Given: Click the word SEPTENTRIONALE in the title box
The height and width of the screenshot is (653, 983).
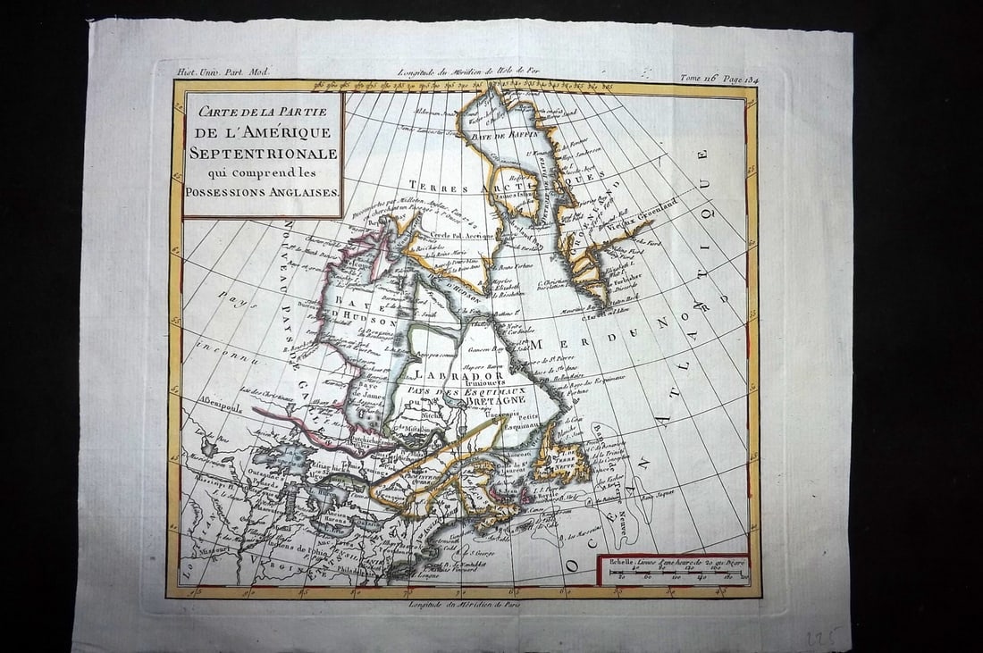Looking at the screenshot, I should [x=263, y=154].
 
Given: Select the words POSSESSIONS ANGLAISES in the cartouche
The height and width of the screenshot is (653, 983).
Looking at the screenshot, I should [x=263, y=192].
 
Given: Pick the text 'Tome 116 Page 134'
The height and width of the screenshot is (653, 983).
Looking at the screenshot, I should [x=718, y=78].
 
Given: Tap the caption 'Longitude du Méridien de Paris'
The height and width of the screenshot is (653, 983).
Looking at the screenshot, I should [x=464, y=605].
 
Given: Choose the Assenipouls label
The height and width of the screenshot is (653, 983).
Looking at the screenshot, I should [x=218, y=400].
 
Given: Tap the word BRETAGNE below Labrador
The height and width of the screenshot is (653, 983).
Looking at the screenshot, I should [x=494, y=401].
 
